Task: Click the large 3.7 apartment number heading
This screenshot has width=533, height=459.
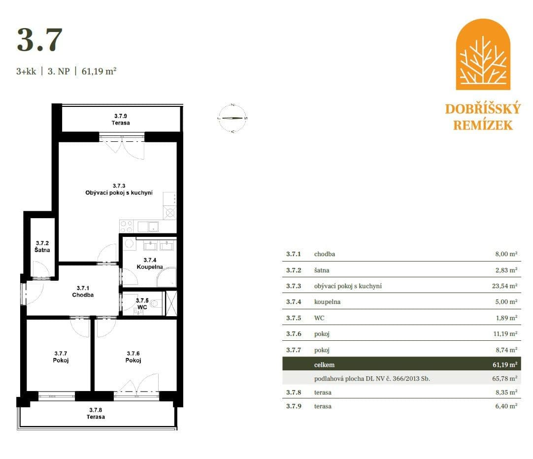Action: coord(40,40)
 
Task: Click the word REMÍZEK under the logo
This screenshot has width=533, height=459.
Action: coord(483,125)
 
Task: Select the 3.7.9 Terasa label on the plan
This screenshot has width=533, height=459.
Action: coord(120,120)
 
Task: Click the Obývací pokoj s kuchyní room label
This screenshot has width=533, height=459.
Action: coord(119,190)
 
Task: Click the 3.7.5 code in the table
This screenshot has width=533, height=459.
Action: coord(294,318)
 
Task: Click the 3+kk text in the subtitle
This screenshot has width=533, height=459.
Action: coord(26,71)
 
